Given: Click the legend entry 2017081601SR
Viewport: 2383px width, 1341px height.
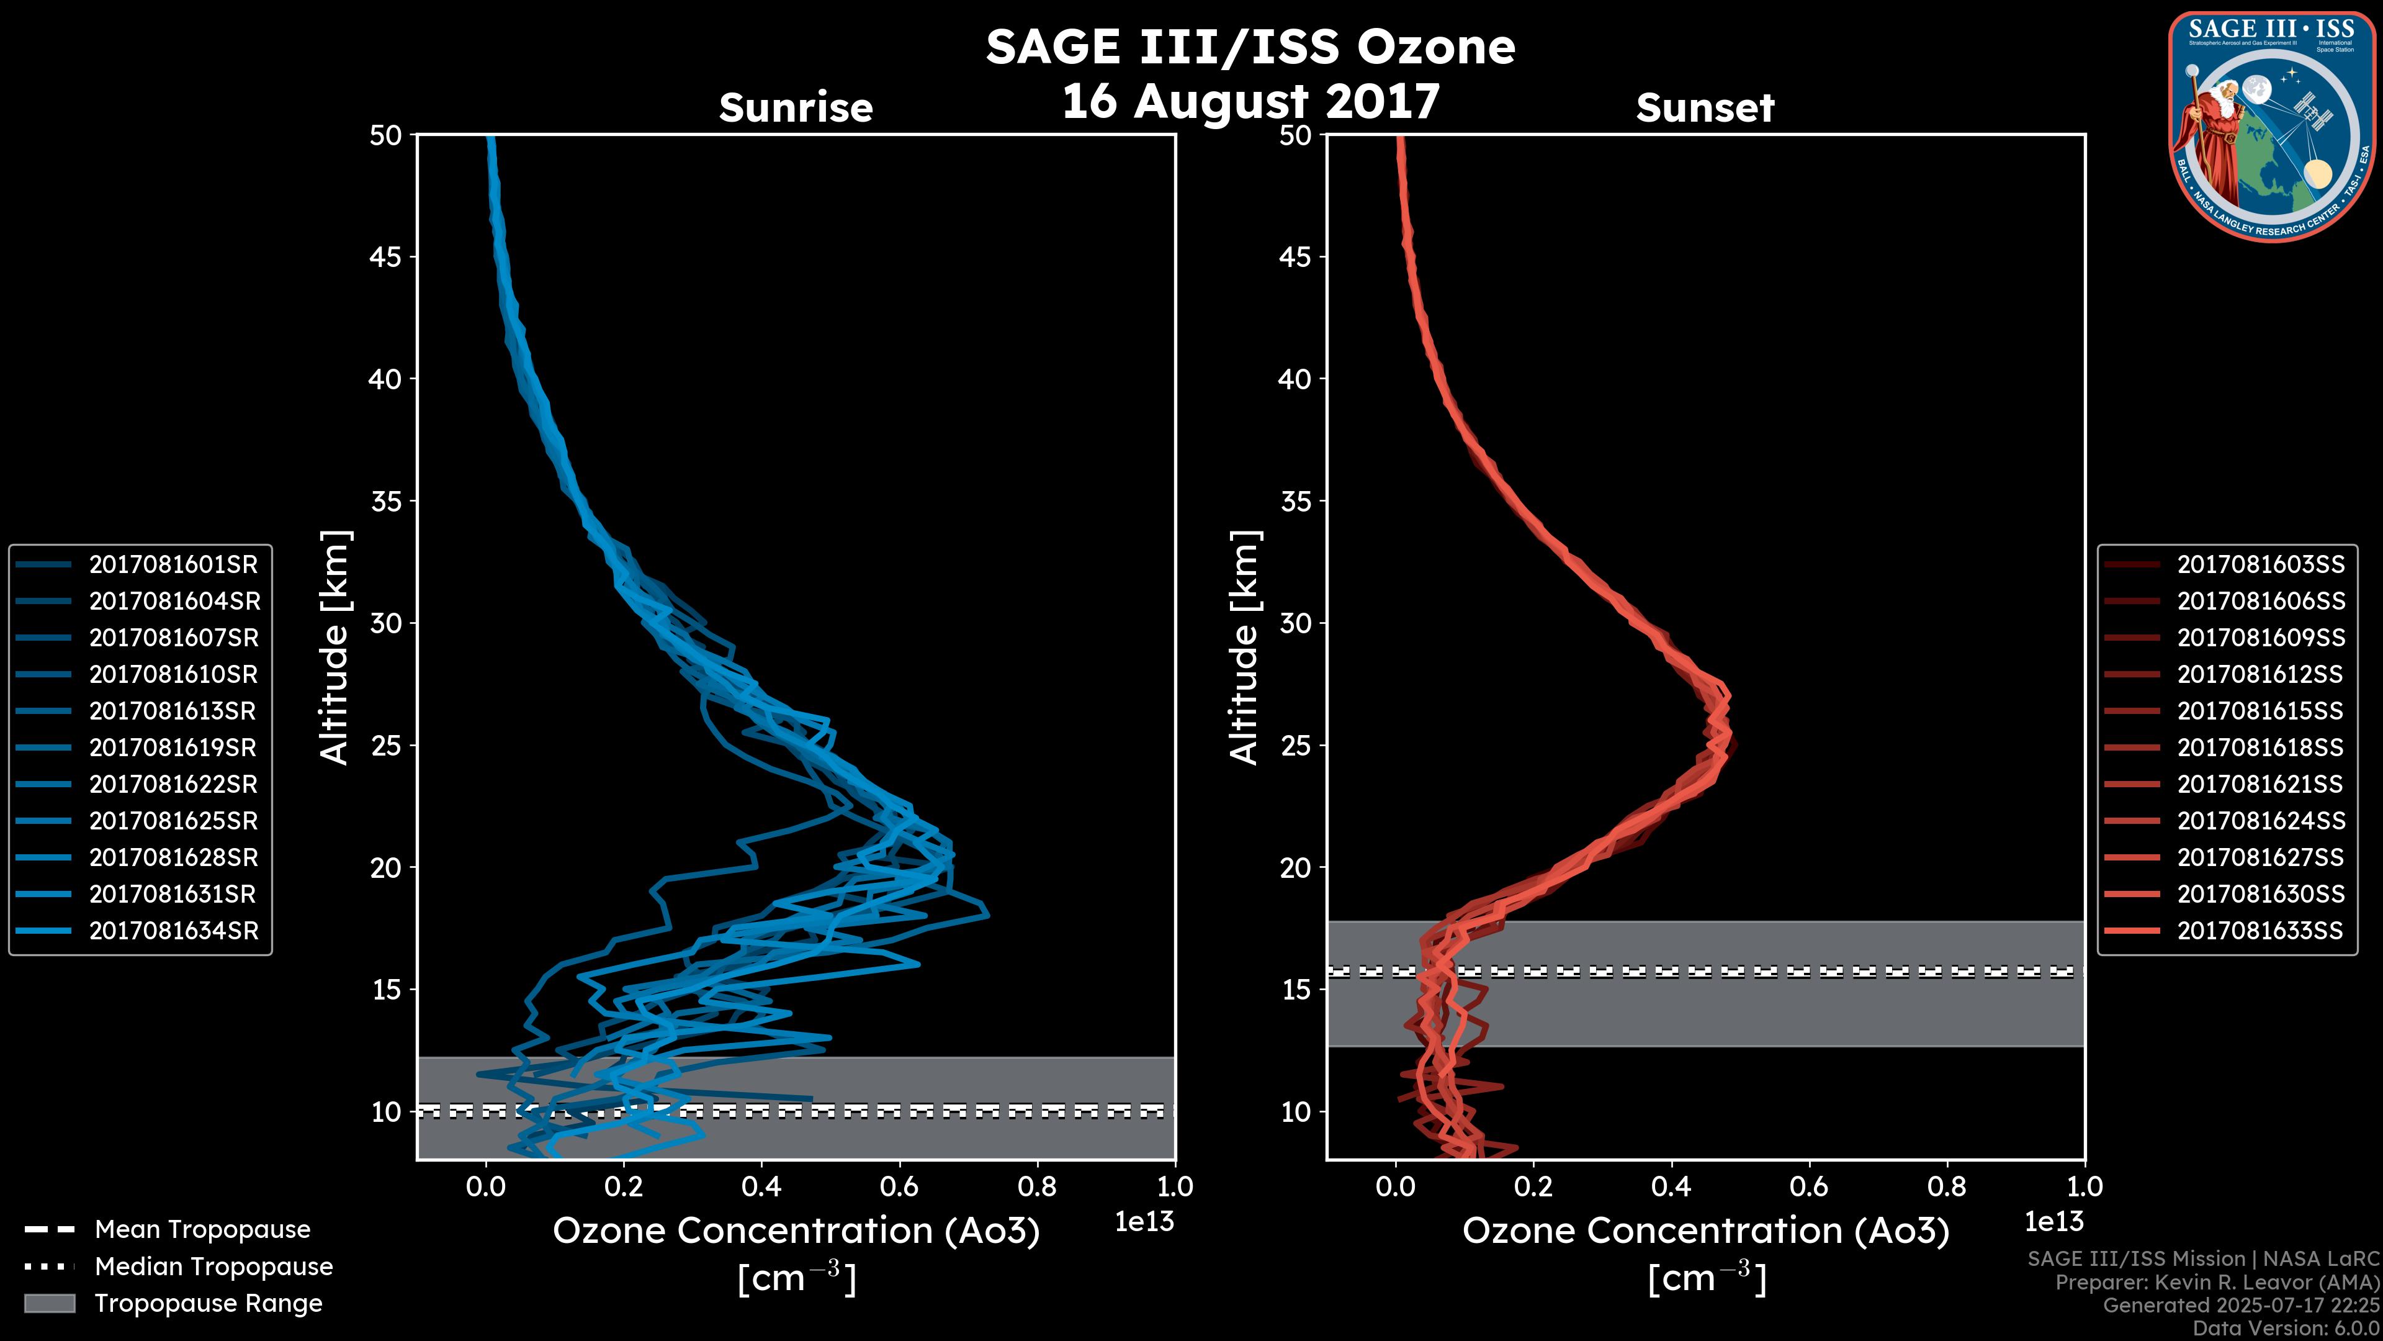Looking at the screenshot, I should (173, 564).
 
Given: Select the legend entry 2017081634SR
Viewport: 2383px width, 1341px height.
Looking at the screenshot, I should (173, 931).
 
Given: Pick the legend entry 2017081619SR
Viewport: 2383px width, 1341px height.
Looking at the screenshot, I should (173, 747).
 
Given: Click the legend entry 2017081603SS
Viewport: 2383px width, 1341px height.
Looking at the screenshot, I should (2260, 564).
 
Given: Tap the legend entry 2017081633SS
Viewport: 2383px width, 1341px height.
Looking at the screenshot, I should (2260, 931).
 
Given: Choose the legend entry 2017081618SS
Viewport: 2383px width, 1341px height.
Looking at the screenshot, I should (2260, 747).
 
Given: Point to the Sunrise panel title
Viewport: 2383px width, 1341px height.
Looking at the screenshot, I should (796, 108).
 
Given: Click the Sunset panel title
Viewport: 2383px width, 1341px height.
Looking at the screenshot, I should (1705, 108).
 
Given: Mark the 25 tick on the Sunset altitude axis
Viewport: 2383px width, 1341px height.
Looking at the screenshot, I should (1295, 746).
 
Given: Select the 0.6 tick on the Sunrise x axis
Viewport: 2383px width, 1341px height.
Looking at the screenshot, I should (899, 1186).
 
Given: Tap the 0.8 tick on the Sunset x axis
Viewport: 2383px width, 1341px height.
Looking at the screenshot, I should (1946, 1186).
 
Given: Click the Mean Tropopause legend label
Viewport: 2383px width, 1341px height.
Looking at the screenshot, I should (202, 1230).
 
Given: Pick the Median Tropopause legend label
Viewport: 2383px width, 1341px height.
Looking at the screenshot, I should (213, 1267).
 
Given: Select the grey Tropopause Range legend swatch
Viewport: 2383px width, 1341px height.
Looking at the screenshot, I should (49, 1303).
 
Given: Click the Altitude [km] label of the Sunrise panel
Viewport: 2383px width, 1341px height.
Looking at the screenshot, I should (335, 648).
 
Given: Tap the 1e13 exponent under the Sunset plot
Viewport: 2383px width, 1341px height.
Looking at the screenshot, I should (2053, 1222).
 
